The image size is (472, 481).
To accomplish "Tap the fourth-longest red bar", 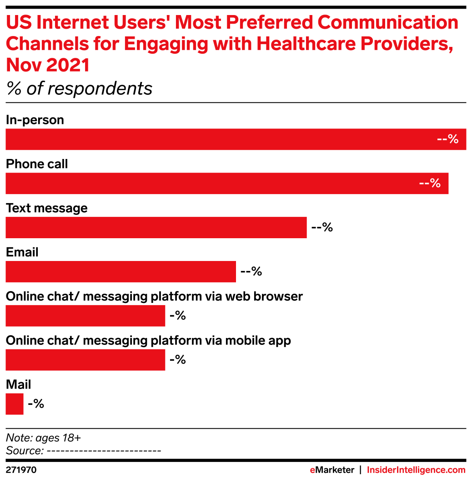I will point(121,271).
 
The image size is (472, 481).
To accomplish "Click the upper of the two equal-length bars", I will point(85,316).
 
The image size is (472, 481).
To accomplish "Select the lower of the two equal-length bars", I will point(85,360).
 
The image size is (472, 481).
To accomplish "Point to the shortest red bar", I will point(14,404).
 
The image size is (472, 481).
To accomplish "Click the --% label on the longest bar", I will point(447,139).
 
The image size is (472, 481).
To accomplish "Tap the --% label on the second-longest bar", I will point(430,184).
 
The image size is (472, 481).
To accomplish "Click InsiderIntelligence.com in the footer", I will point(416,470).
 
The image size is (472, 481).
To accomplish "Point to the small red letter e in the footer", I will point(312,470).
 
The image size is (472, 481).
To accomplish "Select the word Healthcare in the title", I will point(306,44).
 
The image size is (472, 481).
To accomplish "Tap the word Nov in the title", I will point(22,66).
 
